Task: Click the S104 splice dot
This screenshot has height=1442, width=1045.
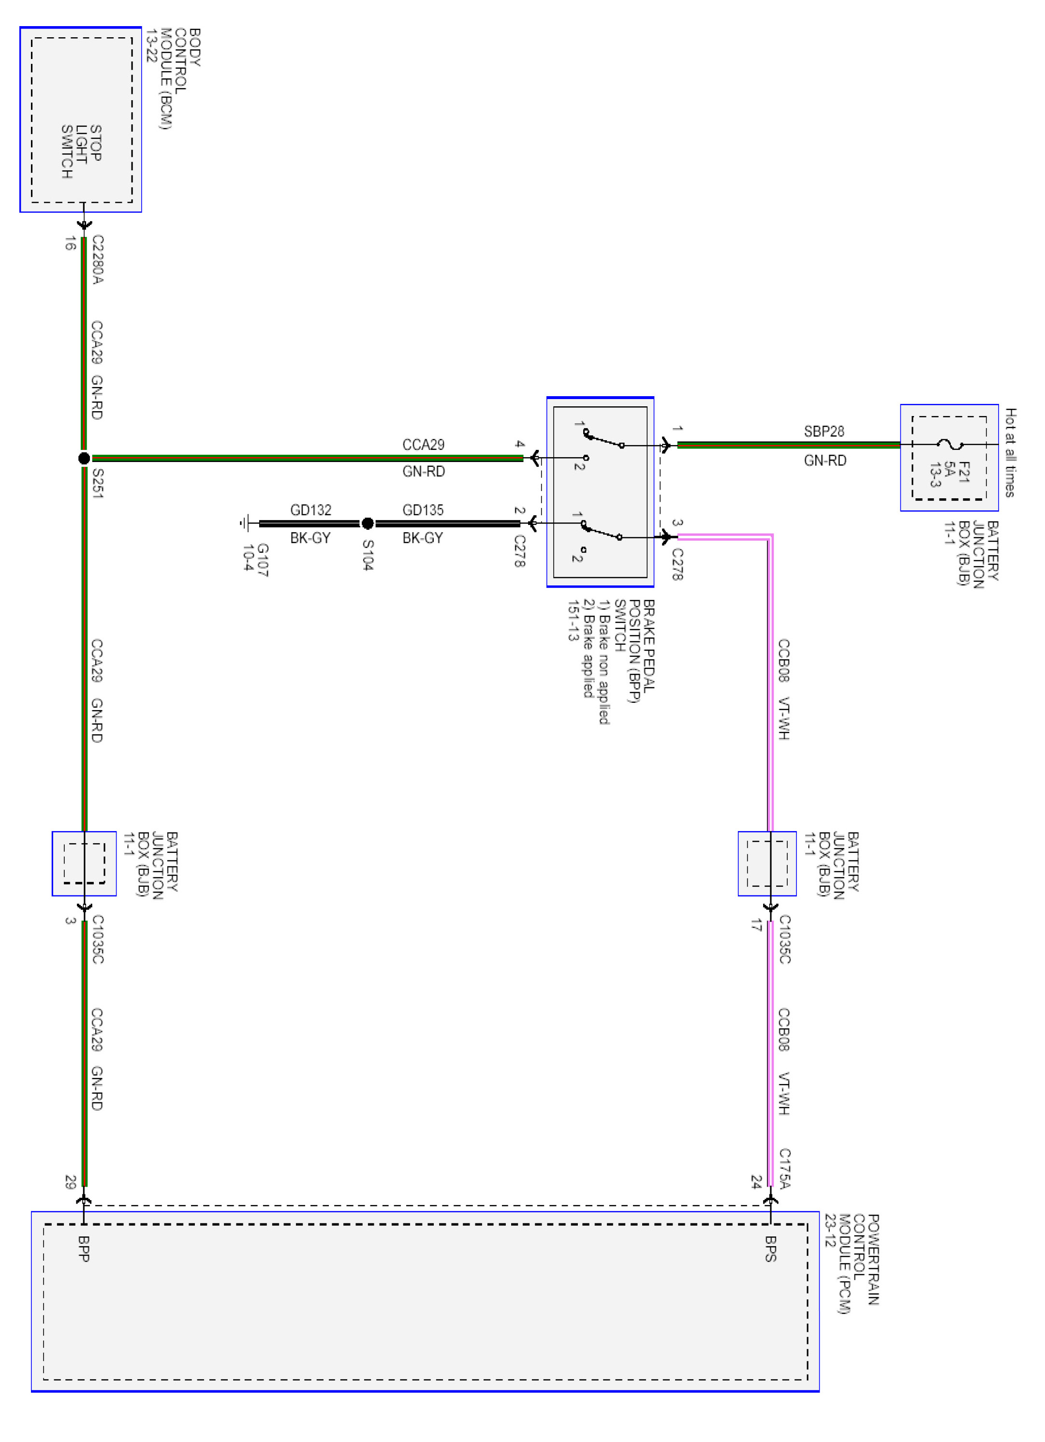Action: coord(368,523)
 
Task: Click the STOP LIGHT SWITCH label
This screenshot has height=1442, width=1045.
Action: coord(81,151)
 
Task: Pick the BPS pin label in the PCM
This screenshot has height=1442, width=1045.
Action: coord(770,1248)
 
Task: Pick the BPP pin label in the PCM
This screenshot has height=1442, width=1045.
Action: coord(83,1248)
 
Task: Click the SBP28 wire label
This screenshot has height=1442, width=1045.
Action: coord(824,431)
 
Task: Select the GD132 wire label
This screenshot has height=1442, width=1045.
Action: coord(311,510)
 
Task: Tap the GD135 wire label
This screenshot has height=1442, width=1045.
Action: coord(423,510)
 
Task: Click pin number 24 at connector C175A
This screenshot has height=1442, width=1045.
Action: coord(756,1181)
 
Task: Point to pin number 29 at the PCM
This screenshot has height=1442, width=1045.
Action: coord(70,1181)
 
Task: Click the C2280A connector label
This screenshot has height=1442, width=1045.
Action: coord(98,259)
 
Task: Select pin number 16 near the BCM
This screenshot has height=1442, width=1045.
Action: coord(70,243)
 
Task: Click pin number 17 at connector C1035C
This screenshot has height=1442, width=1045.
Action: coord(756,925)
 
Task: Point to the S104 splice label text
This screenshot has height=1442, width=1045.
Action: coord(368,554)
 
